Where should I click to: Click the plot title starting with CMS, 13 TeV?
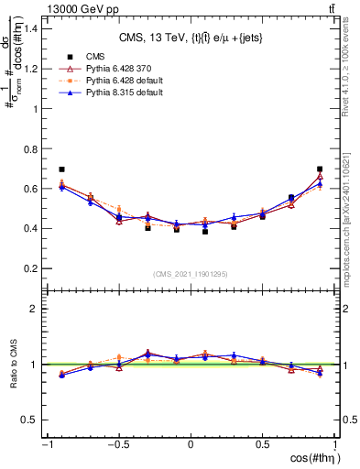tap(191, 38)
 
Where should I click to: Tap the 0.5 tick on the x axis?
tap(263, 444)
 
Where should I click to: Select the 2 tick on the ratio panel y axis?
tap(35, 309)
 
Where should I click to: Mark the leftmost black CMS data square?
tap(61, 169)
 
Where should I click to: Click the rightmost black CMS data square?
tap(320, 169)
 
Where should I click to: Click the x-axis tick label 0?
tap(191, 444)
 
